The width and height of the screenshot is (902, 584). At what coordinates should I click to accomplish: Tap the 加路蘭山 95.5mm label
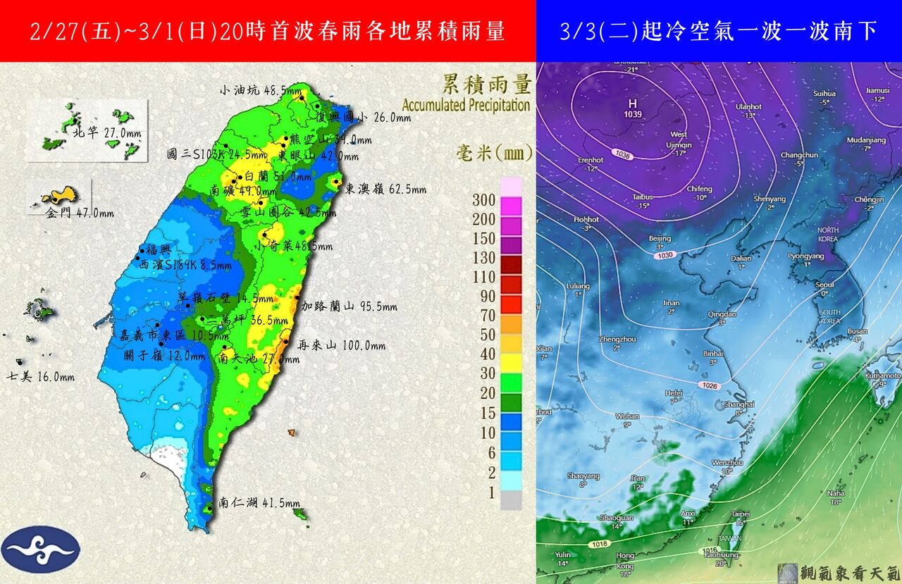pyautogui.click(x=349, y=306)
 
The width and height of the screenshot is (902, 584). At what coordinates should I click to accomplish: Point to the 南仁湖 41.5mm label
pyautogui.click(x=259, y=503)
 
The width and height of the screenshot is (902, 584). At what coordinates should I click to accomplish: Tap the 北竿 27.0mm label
pyautogui.click(x=103, y=132)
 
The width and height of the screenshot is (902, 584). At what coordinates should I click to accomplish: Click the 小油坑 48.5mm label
pyautogui.click(x=261, y=90)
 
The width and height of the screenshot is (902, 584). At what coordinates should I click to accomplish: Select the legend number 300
pyautogui.click(x=485, y=200)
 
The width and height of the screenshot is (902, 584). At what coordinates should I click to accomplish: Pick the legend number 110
pyautogui.click(x=485, y=277)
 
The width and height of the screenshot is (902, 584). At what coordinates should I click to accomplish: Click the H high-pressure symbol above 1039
pyautogui.click(x=632, y=104)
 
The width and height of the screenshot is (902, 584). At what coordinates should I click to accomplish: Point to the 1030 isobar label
pyautogui.click(x=663, y=255)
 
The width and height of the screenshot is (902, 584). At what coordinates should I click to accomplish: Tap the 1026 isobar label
pyautogui.click(x=709, y=385)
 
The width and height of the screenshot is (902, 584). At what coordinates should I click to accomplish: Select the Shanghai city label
pyautogui.click(x=739, y=404)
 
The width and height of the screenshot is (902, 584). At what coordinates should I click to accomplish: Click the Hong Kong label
pyautogui.click(x=624, y=561)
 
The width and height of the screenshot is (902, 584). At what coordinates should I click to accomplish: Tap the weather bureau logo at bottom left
pyautogui.click(x=41, y=549)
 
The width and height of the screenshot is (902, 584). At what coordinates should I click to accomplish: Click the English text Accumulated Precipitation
pyautogui.click(x=466, y=106)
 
